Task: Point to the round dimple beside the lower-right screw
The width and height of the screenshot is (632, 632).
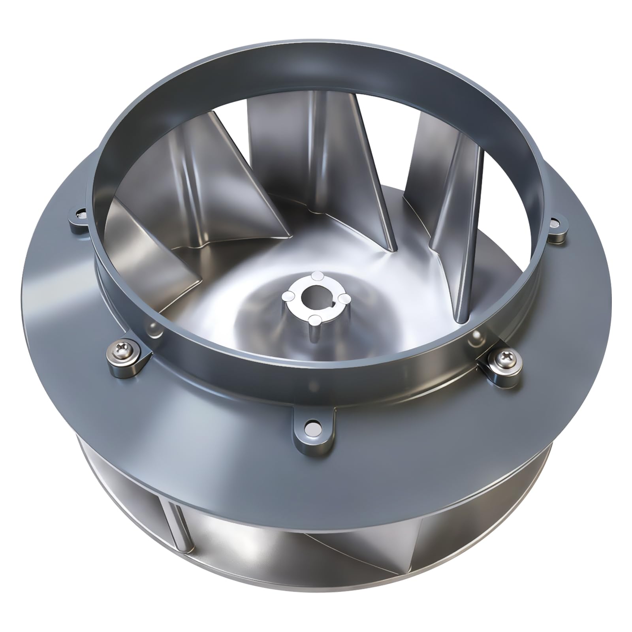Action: tap(477, 337)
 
